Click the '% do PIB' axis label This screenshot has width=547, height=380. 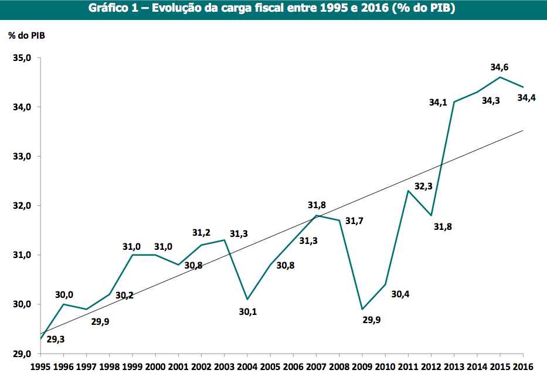[x=26, y=35]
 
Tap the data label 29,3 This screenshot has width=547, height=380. [x=55, y=340]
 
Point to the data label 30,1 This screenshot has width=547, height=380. [x=248, y=312]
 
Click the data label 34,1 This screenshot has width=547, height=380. [x=437, y=103]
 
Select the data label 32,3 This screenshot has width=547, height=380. [x=423, y=186]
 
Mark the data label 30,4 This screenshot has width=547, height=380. [x=400, y=294]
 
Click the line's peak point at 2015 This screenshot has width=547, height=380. [x=500, y=77]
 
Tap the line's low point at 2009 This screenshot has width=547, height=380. [x=362, y=309]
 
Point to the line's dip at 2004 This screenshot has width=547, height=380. [x=247, y=299]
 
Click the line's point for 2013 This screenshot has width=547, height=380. [x=454, y=102]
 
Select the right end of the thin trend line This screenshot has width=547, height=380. [x=522, y=131]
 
